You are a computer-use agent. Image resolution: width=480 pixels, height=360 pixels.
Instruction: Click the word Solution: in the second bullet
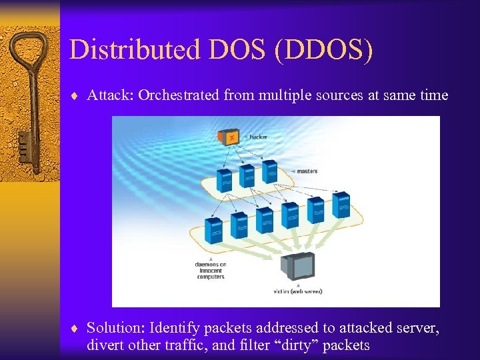(x=116, y=328)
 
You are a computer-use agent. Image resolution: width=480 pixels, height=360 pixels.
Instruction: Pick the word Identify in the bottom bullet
(x=175, y=328)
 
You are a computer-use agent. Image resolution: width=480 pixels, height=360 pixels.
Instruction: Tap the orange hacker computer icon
(x=229, y=137)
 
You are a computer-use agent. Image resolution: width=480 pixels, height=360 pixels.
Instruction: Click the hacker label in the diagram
(x=258, y=137)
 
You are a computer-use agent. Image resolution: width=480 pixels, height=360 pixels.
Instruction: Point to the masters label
(x=307, y=171)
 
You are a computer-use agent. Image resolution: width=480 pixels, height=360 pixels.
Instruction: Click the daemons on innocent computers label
(x=211, y=271)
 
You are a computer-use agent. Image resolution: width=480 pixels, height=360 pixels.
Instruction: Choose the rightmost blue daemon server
(x=341, y=205)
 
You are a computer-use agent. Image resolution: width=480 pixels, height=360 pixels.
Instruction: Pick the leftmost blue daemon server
(x=214, y=231)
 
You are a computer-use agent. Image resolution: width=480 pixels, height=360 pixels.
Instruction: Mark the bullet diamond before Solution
(x=77, y=329)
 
